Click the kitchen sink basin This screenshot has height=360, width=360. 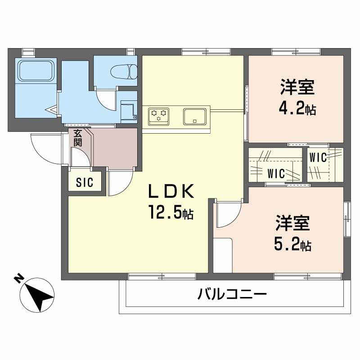pyautogui.click(x=194, y=116)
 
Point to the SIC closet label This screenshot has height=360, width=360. pyautogui.click(x=84, y=183)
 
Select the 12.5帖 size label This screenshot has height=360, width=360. pyautogui.click(x=171, y=211)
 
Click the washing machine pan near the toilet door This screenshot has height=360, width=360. pyautogui.click(x=129, y=110)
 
